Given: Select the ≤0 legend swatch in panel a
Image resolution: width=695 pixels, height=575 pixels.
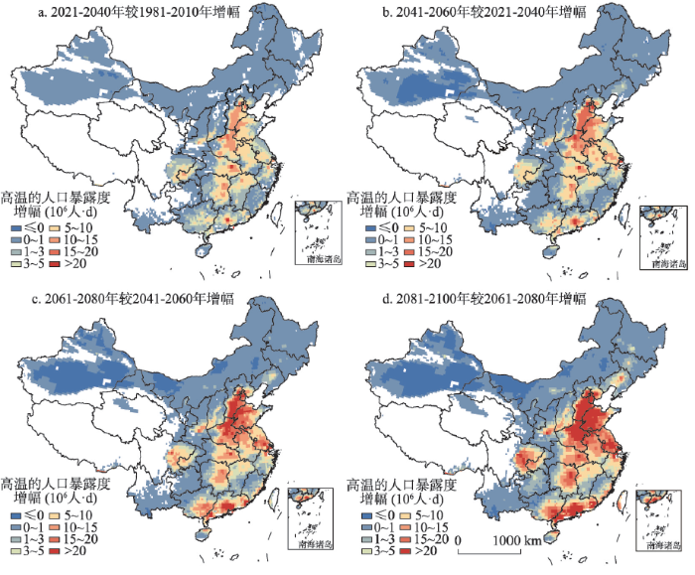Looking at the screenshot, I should [16, 226].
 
